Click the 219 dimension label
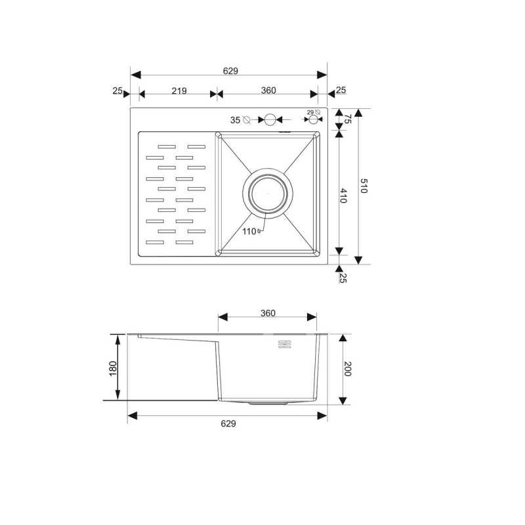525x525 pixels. pyautogui.click(x=179, y=91)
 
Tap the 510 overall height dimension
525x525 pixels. pyautogui.click(x=364, y=186)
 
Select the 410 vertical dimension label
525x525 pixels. pyautogui.click(x=343, y=196)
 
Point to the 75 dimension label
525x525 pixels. pyautogui.click(x=348, y=119)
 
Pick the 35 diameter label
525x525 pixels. pyautogui.click(x=235, y=120)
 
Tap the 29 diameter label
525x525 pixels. pyautogui.click(x=310, y=112)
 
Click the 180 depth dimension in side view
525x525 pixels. pyautogui.click(x=113, y=368)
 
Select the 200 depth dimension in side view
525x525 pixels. pyautogui.click(x=347, y=369)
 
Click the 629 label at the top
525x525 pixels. pyautogui.click(x=230, y=71)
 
